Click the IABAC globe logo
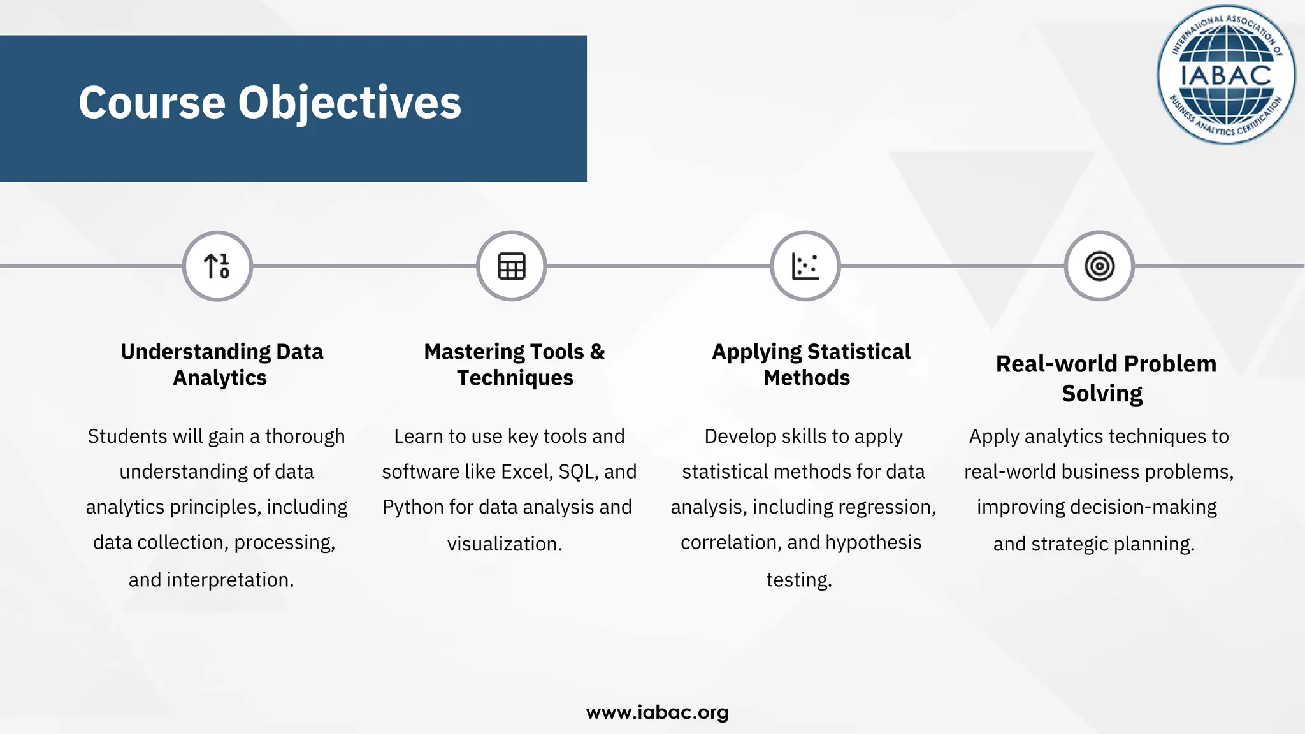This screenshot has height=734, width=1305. (1226, 75)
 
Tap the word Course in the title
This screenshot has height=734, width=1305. (152, 103)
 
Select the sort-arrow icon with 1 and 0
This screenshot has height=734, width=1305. (217, 266)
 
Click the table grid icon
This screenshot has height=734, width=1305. (511, 266)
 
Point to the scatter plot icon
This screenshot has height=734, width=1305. (805, 266)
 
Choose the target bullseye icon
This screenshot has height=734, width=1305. (1099, 266)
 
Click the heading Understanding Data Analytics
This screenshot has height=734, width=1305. (221, 364)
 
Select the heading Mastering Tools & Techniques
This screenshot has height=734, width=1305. (514, 364)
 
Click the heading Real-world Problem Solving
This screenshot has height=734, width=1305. (1106, 378)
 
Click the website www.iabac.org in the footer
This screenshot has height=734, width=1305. (657, 712)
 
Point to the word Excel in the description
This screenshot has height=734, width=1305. (526, 471)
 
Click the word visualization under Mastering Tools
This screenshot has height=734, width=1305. (504, 544)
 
